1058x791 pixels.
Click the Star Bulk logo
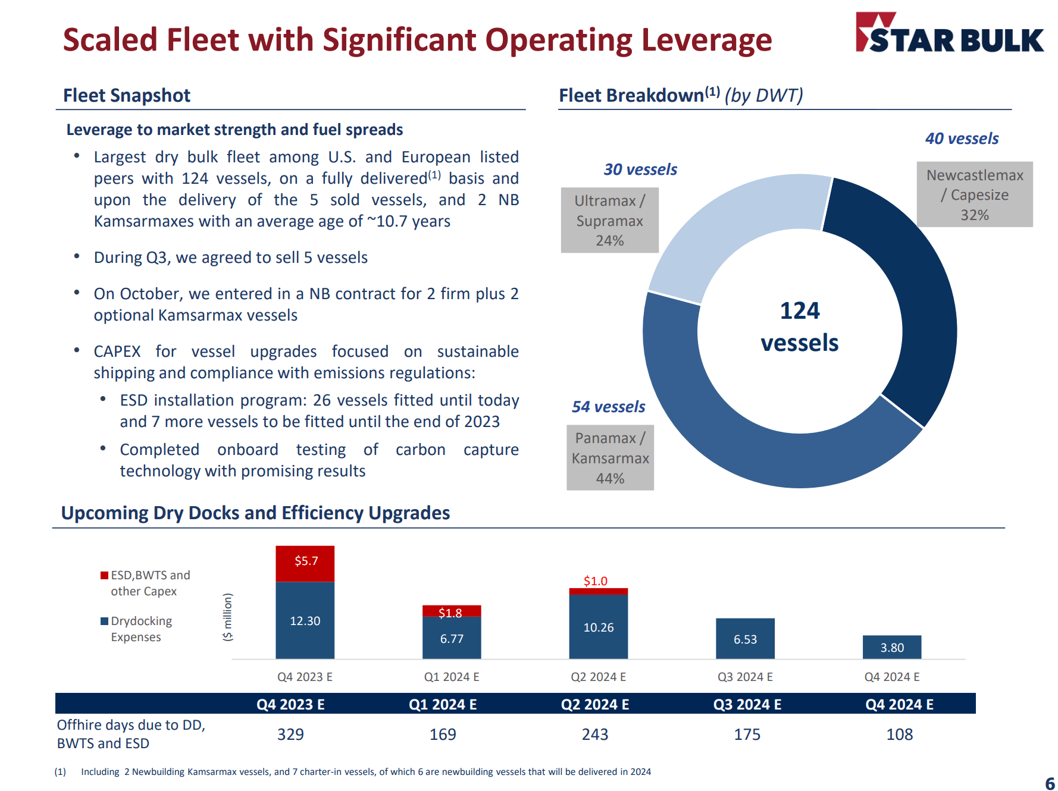click(949, 34)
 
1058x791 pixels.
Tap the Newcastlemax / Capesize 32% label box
click(974, 194)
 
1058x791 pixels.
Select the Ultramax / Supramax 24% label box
click(609, 221)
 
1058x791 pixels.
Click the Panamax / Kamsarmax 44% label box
click(610, 457)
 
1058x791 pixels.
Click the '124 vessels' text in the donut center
click(799, 327)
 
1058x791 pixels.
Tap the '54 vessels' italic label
click(608, 407)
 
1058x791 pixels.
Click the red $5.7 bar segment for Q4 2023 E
click(305, 563)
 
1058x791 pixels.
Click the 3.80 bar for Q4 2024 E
click(891, 647)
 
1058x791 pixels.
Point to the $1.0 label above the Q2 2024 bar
click(595, 581)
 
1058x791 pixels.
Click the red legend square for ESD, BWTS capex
click(105, 575)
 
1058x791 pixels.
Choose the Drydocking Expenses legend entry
click(141, 629)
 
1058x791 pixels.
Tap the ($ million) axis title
click(227, 617)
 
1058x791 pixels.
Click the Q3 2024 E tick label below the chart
click(744, 677)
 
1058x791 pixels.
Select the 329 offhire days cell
click(290, 734)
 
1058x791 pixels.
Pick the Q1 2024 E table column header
click(442, 705)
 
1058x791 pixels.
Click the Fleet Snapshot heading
click(127, 95)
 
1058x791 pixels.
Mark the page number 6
click(1050, 783)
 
